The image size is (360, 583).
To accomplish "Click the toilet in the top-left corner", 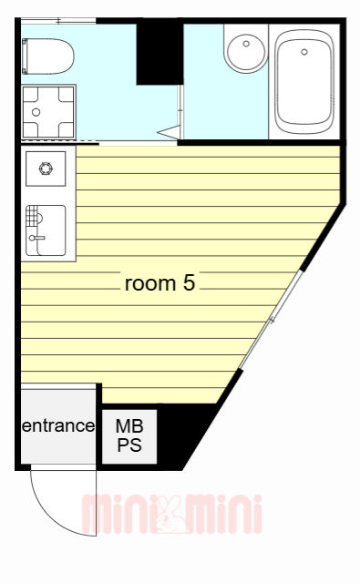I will (51, 57).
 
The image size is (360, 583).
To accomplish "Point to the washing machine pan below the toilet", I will (48, 112).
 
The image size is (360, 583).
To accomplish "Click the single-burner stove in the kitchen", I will (45, 168).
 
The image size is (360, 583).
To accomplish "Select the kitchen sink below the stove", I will (45, 230).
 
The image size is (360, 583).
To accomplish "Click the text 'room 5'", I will (159, 283).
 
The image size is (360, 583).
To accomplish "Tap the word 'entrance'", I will (58, 425).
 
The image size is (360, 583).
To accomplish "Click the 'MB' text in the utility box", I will (129, 426).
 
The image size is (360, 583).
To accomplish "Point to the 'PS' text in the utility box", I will (129, 445).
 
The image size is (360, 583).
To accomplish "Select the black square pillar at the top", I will (159, 54).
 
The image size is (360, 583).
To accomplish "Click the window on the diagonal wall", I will (270, 321).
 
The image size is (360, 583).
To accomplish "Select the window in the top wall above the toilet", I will (58, 20).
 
